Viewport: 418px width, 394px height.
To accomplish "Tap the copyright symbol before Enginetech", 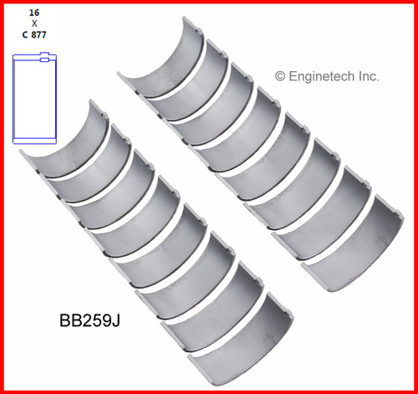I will click(x=280, y=76).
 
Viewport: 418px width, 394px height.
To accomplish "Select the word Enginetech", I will click(x=323, y=76).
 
